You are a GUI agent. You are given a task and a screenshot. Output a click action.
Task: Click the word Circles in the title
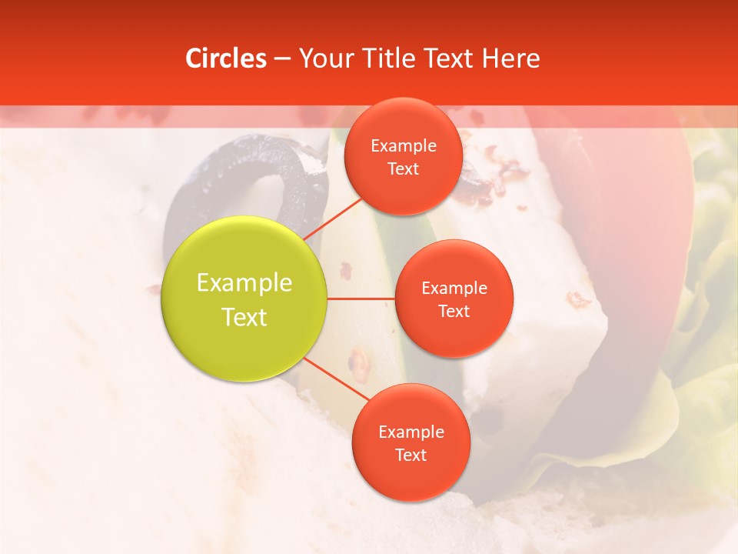pyautogui.click(x=225, y=58)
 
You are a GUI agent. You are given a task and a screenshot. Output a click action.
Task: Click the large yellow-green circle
pyautogui.click(x=244, y=254)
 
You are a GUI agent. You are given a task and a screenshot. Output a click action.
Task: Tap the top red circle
pyautogui.click(x=403, y=123)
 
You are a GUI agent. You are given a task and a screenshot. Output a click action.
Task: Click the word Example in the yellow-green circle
pyautogui.click(x=244, y=283)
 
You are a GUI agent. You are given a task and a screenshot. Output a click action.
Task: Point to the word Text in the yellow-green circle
pyautogui.click(x=244, y=317)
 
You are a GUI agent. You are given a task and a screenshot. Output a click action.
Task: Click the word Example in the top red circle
pyautogui.click(x=404, y=145)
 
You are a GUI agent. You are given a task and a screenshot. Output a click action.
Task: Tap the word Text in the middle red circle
pyautogui.click(x=454, y=311)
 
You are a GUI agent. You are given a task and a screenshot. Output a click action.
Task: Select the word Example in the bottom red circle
pyautogui.click(x=411, y=432)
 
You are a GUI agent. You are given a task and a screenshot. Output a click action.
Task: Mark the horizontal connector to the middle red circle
pyautogui.click(x=361, y=299)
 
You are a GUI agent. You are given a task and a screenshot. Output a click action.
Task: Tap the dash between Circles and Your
pyautogui.click(x=281, y=58)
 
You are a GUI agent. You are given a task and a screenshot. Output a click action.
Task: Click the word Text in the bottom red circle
pyautogui.click(x=411, y=455)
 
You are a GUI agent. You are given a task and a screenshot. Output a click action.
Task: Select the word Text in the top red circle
pyautogui.click(x=404, y=169)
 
